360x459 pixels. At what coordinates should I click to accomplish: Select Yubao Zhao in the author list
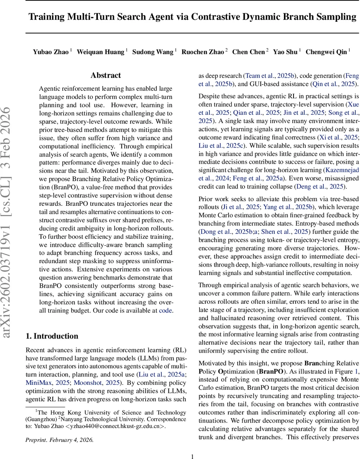(51, 52)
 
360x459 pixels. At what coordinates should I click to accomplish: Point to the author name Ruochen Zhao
(203, 52)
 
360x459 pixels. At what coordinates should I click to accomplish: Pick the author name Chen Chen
(249, 52)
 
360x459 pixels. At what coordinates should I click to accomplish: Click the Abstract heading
(106, 75)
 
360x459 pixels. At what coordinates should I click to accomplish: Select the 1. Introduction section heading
(52, 336)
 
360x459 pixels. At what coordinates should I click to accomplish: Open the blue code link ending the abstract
(165, 311)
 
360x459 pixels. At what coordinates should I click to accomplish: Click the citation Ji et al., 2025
(234, 207)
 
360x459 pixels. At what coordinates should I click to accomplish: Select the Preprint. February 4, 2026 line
(59, 440)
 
